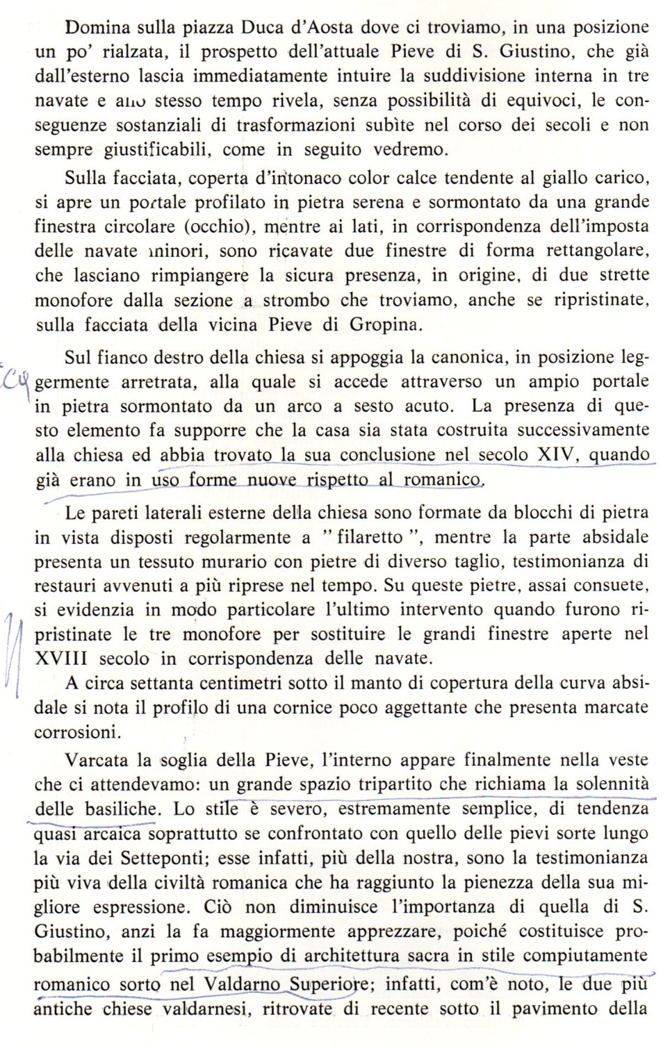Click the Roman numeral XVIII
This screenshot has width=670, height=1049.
[x=63, y=658]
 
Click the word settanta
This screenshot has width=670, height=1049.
[x=171, y=683]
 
